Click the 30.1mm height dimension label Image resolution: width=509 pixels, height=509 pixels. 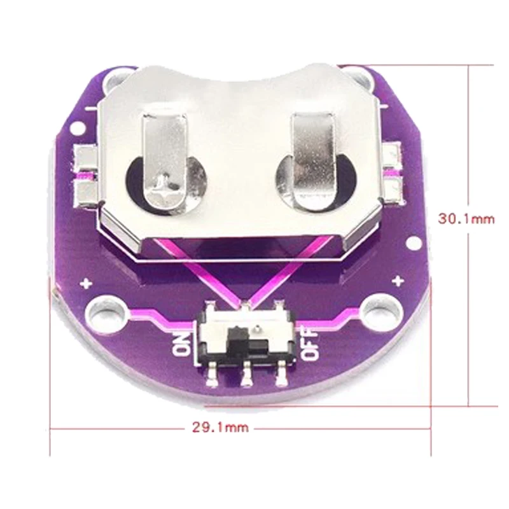[466, 218]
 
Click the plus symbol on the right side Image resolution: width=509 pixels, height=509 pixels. [398, 281]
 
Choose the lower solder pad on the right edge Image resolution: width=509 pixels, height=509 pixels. [395, 188]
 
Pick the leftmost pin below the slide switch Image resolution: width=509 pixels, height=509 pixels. [211, 379]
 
